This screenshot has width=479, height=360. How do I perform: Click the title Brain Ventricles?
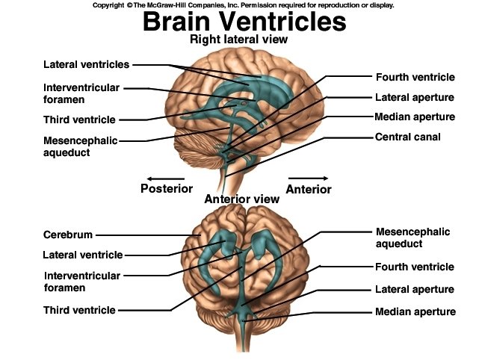point(244,22)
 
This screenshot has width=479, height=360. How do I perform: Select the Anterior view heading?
point(242,199)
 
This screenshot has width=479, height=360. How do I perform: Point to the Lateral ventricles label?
point(86,65)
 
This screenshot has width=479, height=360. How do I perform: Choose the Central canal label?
point(408,137)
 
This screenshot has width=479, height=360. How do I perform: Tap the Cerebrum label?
point(68,235)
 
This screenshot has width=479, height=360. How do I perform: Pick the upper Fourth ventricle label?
point(414,77)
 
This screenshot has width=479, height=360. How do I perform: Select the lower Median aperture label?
point(415,311)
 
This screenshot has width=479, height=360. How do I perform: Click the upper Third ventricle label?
point(79,119)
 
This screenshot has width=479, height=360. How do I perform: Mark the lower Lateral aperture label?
point(415,289)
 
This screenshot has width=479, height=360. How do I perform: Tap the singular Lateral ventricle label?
point(83,255)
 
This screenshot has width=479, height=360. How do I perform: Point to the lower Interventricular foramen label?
point(81,281)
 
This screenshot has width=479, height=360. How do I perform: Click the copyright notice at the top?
point(244,4)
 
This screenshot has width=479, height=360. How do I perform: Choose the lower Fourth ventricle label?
point(415,267)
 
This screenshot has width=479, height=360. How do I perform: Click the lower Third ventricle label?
point(79,310)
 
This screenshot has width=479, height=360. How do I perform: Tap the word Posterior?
point(167,189)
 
